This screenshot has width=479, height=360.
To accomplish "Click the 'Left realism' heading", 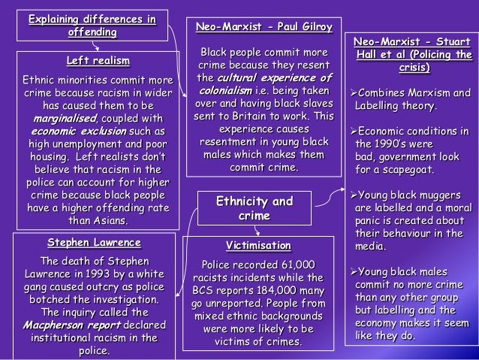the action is coord(98,60).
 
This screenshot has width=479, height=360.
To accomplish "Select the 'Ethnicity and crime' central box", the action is coord(255,208).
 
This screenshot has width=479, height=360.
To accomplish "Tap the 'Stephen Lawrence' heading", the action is coord(94,243).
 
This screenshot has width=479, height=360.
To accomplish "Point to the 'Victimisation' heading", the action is coord(258,245).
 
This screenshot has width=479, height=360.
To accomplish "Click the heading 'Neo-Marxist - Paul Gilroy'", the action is coord(264,27).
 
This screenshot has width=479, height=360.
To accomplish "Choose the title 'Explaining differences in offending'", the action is coord(92,26).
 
